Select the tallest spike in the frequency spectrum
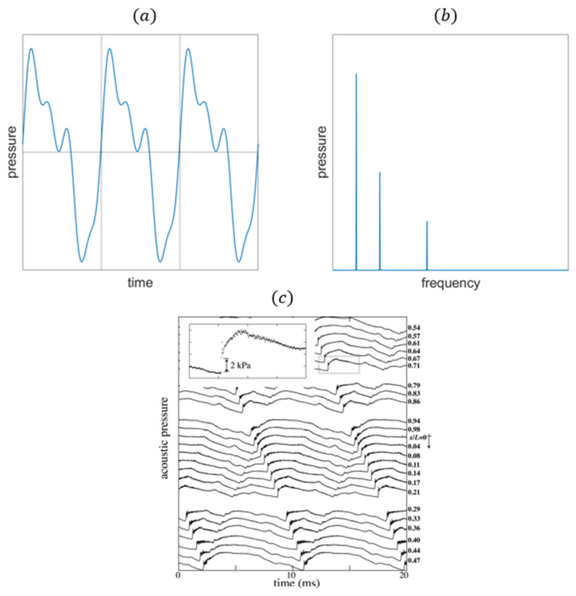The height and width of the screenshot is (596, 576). click(x=356, y=170)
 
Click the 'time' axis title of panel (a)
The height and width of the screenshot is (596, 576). click(x=140, y=283)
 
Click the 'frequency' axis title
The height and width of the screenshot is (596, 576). click(x=450, y=283)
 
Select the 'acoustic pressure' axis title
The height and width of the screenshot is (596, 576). click(x=165, y=438)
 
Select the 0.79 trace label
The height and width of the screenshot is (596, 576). click(x=414, y=386)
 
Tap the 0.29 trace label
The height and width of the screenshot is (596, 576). click(x=414, y=509)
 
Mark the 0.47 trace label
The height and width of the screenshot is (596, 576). click(x=414, y=560)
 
